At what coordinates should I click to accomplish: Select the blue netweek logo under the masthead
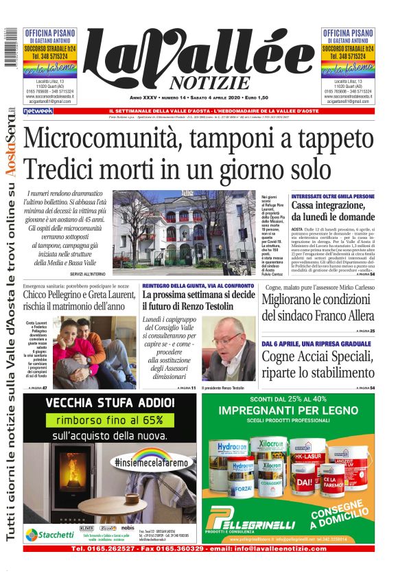[x=38, y=111]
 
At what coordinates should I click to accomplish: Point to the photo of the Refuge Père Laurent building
[x=184, y=232]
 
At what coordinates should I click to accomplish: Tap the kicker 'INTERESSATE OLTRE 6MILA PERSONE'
[x=332, y=196]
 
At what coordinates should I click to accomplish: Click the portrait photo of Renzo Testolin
[x=229, y=349]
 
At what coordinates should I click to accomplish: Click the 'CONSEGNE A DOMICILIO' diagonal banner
[x=343, y=516]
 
